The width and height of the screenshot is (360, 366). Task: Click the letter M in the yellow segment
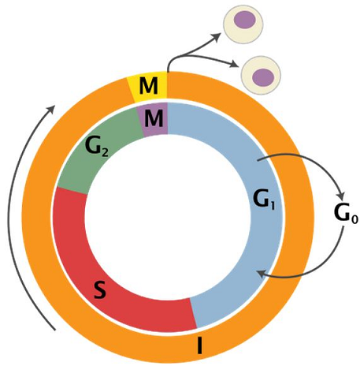[x=149, y=86]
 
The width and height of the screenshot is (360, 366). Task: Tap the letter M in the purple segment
[x=154, y=118]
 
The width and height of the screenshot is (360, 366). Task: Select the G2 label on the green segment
[x=97, y=147]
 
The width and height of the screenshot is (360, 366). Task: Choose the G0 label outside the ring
[x=346, y=213]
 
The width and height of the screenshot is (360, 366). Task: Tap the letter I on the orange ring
[x=200, y=345]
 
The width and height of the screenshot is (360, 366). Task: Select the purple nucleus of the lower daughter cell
[x=263, y=77]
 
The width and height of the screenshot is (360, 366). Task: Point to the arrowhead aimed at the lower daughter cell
[x=235, y=64]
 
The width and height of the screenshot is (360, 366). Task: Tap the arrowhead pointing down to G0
[x=341, y=196]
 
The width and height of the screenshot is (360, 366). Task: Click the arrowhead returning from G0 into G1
[x=261, y=274]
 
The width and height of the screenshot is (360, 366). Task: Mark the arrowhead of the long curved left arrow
[x=51, y=109]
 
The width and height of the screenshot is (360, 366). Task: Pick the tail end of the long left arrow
[x=55, y=330]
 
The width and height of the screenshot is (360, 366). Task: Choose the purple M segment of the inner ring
[x=154, y=118]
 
